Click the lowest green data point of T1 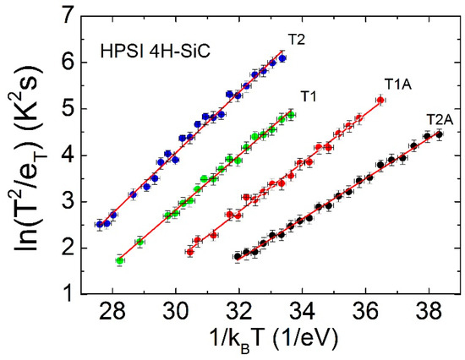[x=120, y=261]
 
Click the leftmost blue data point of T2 [x=99, y=225]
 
